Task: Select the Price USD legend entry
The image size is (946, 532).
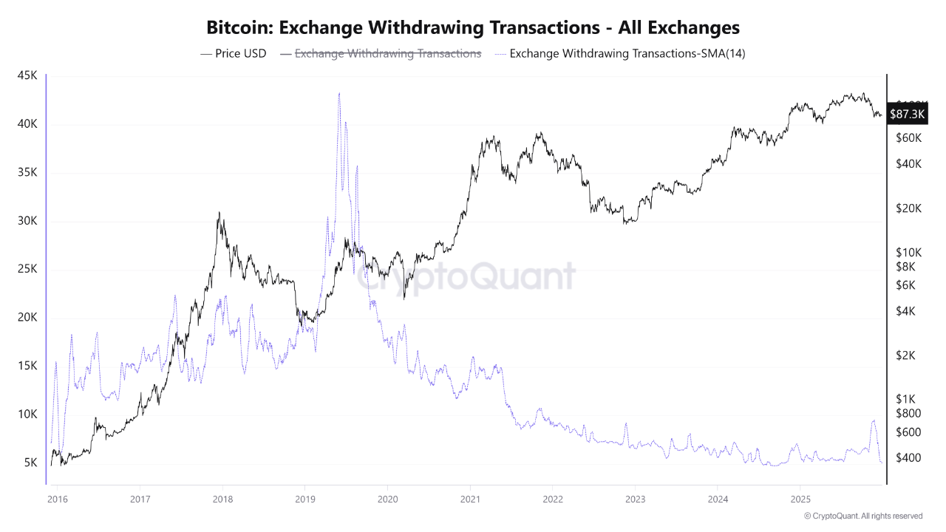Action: (233, 53)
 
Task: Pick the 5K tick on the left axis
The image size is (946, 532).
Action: (30, 463)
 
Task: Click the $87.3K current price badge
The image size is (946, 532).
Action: (908, 115)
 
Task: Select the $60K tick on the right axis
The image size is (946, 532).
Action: (908, 138)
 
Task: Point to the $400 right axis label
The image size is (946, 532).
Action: (908, 458)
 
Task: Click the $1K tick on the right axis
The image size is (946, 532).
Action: (905, 400)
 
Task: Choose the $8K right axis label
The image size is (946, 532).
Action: (905, 267)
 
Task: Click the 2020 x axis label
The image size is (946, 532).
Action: (387, 499)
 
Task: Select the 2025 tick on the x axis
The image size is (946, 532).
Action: (800, 499)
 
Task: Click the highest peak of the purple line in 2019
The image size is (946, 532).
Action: (339, 93)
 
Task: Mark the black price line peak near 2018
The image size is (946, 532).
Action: (219, 213)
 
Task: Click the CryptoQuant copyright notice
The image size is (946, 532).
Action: (862, 516)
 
